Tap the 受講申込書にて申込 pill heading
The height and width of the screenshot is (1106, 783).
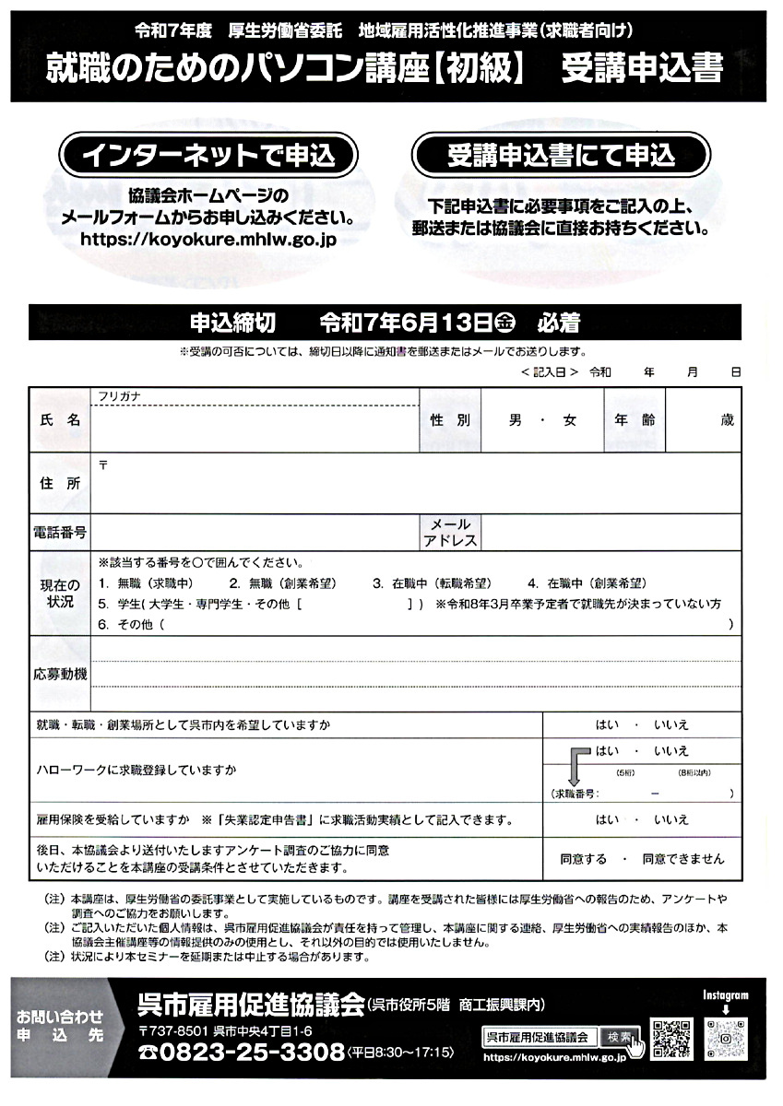[561, 156]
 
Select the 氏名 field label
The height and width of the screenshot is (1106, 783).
[60, 419]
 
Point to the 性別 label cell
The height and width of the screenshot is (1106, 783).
[450, 419]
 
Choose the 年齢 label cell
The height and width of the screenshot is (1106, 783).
[635, 419]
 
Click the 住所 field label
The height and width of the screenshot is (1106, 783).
[60, 483]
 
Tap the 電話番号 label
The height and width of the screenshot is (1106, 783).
[60, 533]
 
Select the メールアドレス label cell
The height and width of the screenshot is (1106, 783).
[450, 533]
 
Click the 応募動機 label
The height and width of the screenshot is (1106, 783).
[60, 674]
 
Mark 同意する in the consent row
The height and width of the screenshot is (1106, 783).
[584, 858]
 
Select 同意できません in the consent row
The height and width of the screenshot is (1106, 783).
[682, 858]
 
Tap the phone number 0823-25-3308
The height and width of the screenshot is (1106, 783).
[240, 1053]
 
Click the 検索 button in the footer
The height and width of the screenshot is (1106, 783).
[617, 1037]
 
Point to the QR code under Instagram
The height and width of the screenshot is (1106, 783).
[725, 1039]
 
